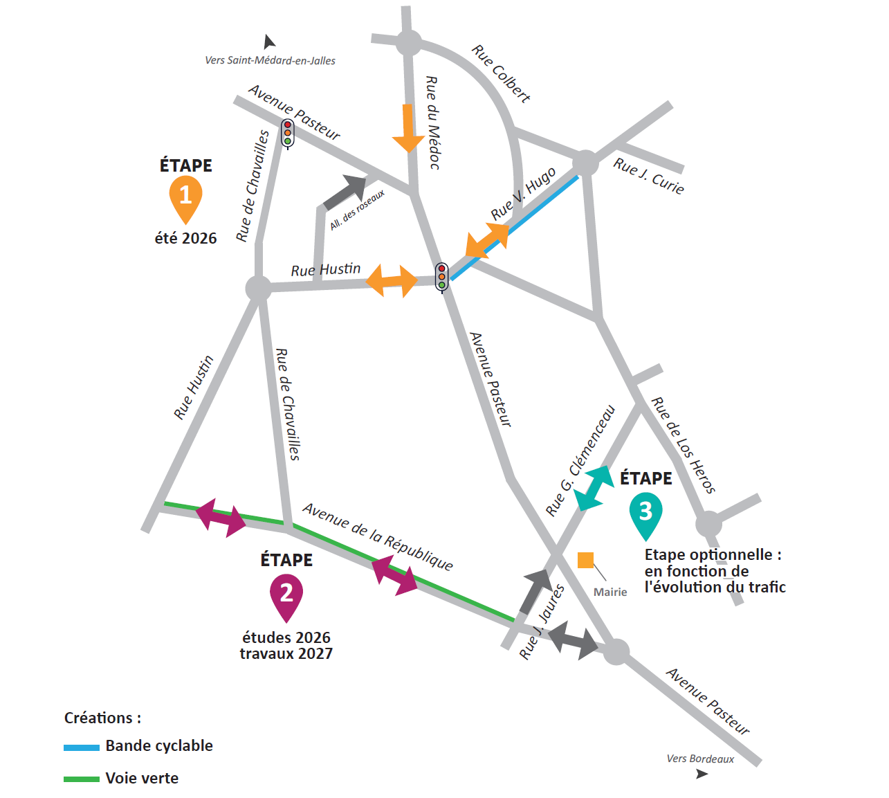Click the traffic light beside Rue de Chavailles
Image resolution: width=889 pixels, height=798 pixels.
[x=287, y=133]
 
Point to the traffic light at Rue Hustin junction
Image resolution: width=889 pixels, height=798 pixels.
[x=441, y=277]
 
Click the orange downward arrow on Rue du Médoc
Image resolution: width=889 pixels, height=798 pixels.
[x=408, y=128]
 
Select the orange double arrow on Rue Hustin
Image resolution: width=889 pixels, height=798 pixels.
[x=392, y=280]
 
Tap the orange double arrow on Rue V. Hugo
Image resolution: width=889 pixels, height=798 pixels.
[x=486, y=241]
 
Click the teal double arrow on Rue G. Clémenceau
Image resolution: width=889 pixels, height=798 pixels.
[x=594, y=488]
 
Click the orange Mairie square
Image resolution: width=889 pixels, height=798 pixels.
[x=585, y=560]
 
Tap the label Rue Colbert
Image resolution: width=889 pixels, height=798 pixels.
[x=501, y=73]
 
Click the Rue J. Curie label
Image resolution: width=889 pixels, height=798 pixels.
[x=648, y=176]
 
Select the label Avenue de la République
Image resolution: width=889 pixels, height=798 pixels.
[x=378, y=537]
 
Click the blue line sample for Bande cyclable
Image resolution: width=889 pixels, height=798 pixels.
[x=82, y=747]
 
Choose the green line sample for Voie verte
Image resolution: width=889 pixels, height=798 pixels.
[x=82, y=779]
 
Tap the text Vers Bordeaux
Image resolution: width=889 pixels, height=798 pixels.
[x=700, y=759]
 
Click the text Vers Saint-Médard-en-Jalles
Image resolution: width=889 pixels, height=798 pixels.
[x=271, y=61]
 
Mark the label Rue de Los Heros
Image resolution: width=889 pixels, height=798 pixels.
[x=683, y=444]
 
